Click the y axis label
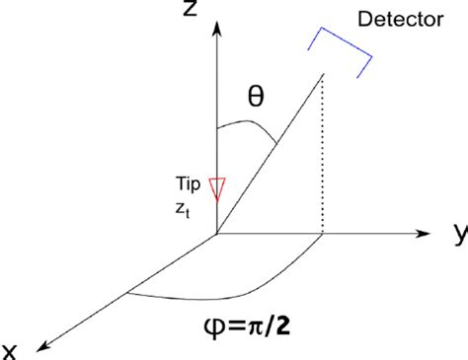click(458, 233)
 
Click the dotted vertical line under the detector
click(324, 158)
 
